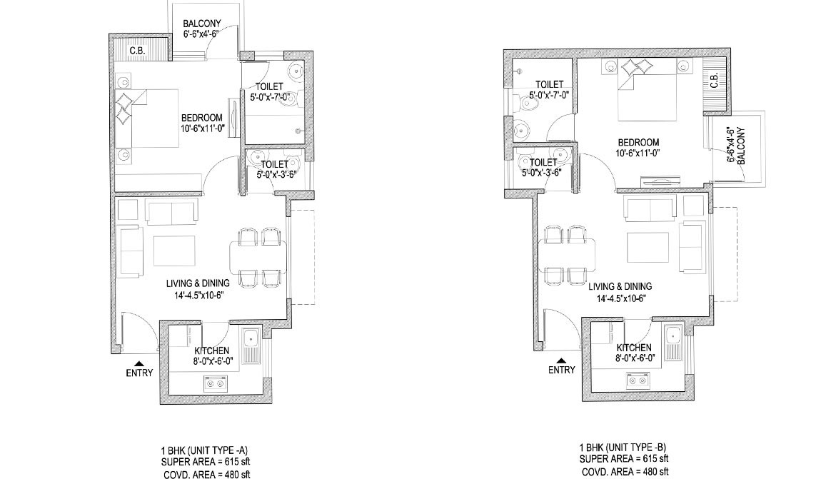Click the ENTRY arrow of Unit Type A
pos(140,363)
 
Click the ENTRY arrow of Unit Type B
pos(561,360)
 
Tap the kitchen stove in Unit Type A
pos(216,382)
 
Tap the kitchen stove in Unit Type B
pos(638,379)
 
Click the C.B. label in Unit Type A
pos(138,51)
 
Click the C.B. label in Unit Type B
pos(715,80)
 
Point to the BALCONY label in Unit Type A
pos(201,24)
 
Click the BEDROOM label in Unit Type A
pos(201,118)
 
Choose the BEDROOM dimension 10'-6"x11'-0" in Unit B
pos(638,153)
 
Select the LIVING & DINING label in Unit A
pos(198,283)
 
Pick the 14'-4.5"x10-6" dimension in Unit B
pos(621,298)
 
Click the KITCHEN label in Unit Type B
pos(634,348)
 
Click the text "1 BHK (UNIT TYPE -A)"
pos(205,449)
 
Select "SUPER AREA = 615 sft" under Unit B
pos(624,459)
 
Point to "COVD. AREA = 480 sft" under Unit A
pos(207,474)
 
